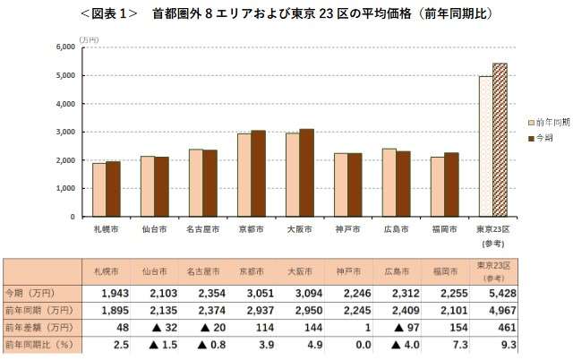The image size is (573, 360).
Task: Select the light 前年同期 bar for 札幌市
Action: click(x=99, y=190)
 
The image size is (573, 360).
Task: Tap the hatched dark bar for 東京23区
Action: click(x=500, y=140)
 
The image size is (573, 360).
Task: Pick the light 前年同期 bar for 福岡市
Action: click(x=438, y=186)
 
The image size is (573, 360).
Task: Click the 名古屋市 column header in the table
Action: click(x=201, y=270)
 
